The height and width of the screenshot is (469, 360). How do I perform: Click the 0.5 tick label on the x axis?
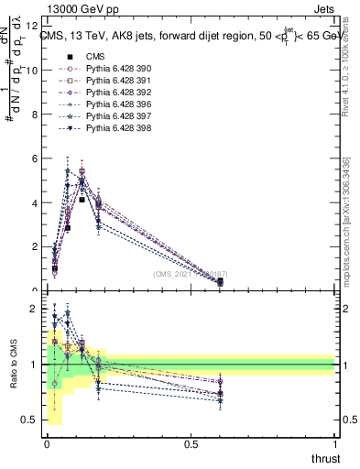pos(191,444)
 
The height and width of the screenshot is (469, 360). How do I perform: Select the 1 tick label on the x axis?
pos(334,444)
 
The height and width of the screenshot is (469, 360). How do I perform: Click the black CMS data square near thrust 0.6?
pos(220,282)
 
